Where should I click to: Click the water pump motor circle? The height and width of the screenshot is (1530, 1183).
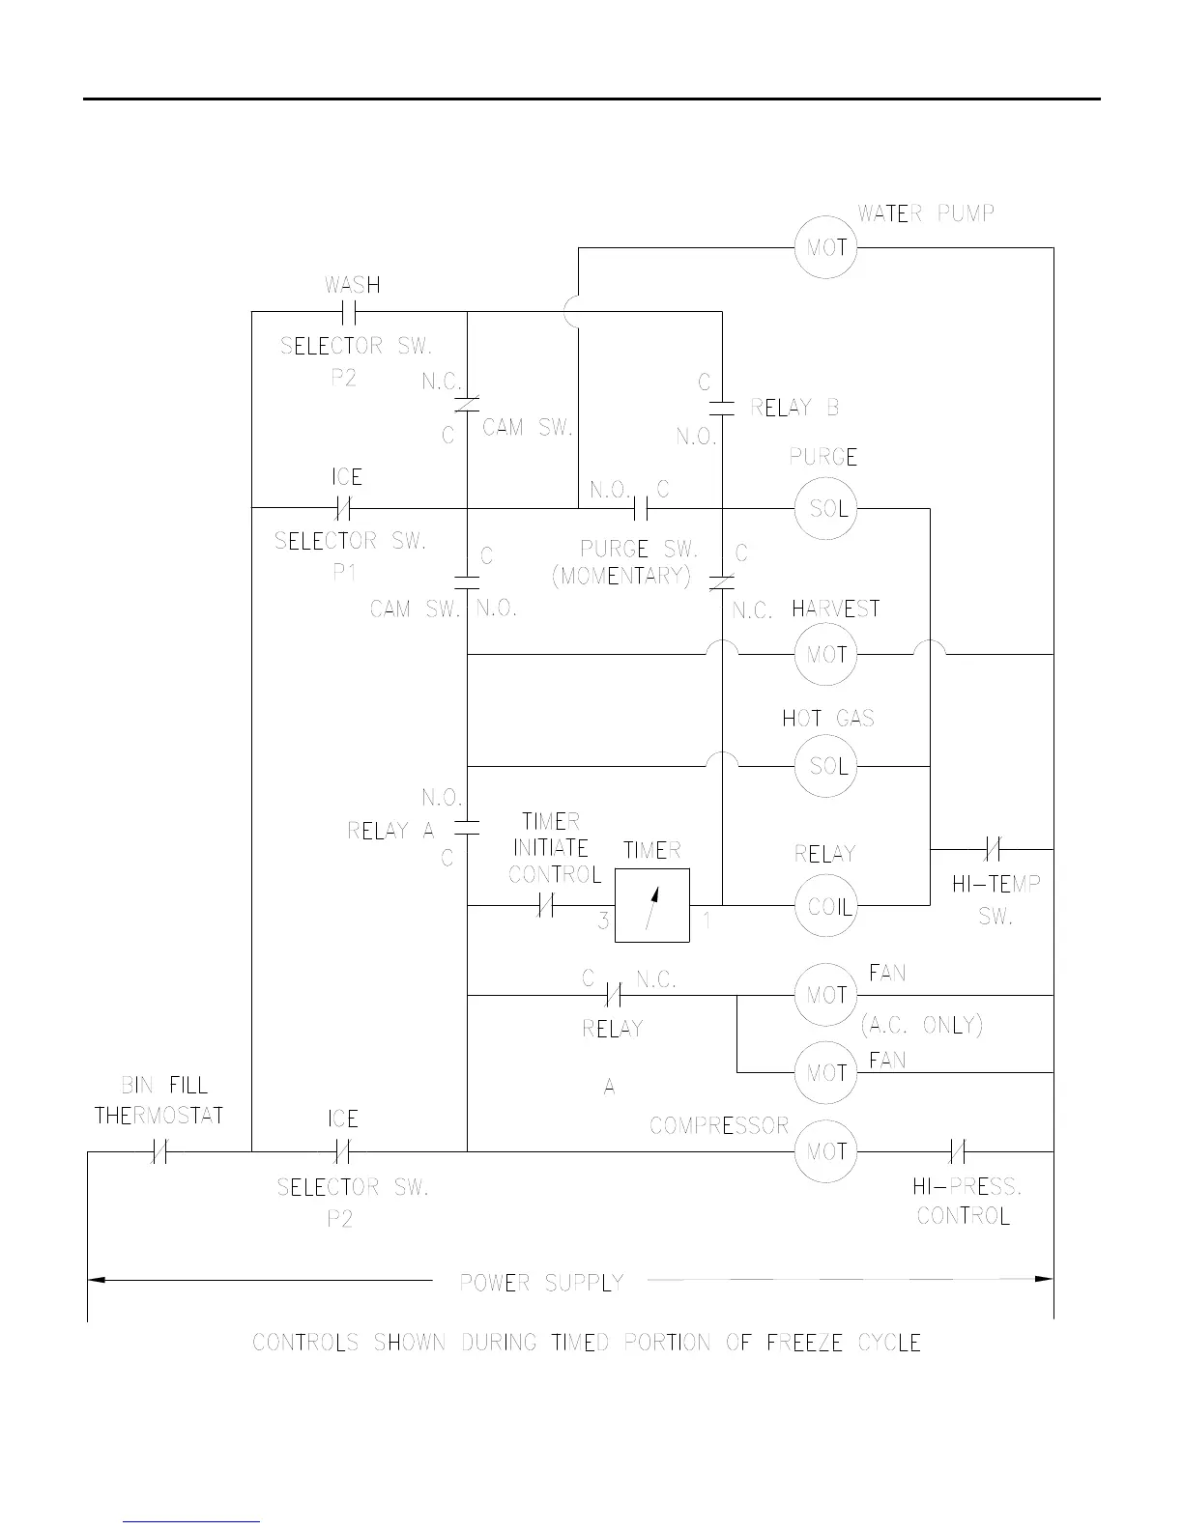(826, 247)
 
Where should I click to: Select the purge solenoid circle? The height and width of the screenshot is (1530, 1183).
(826, 508)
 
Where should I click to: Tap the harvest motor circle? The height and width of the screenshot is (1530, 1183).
(826, 654)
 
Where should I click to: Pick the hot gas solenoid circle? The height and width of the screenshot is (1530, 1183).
(826, 766)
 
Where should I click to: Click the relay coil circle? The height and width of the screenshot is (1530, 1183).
(826, 906)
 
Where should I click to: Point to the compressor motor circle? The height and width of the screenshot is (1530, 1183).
(826, 1151)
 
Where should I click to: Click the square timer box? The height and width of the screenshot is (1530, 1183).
(652, 905)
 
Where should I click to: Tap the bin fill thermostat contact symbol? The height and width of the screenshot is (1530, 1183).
(160, 1151)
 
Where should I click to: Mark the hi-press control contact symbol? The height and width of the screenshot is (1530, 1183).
(957, 1151)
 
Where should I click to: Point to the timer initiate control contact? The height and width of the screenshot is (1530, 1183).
(545, 905)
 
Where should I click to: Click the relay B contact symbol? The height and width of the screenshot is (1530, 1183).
(723, 408)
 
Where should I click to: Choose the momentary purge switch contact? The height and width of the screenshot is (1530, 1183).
(639, 508)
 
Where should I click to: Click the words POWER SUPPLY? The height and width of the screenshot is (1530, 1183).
(541, 1283)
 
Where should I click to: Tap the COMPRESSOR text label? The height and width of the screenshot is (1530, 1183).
(719, 1125)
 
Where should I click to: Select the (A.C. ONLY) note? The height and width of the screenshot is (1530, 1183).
(921, 1025)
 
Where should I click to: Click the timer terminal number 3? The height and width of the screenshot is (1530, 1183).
(603, 921)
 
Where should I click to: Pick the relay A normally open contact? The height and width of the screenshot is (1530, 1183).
(467, 828)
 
